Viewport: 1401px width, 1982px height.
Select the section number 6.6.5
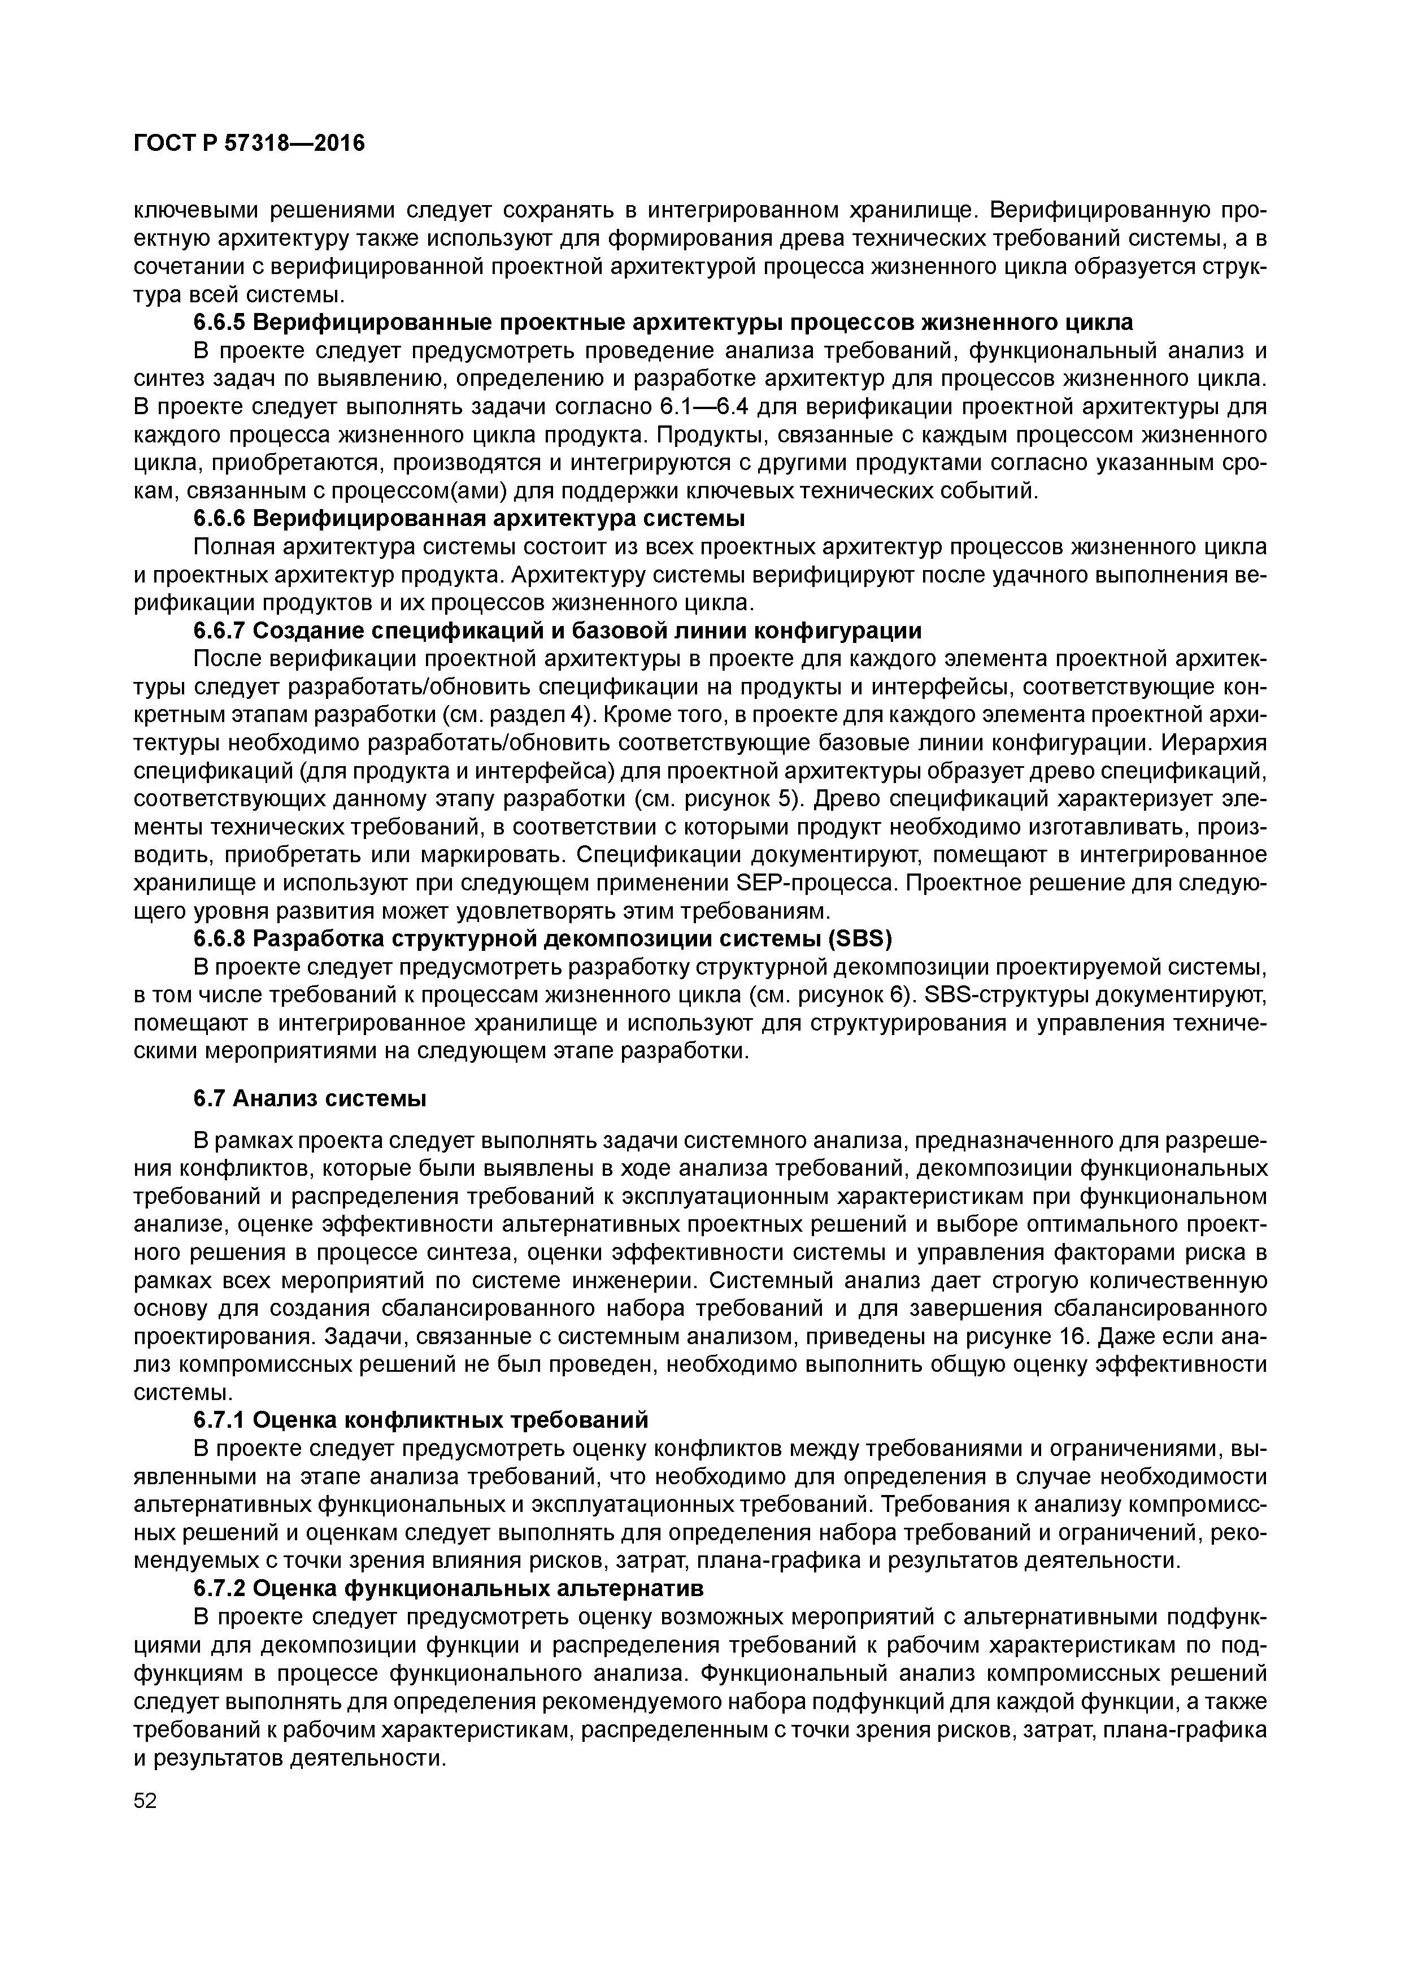coord(219,323)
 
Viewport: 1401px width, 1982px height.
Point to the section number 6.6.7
coord(219,631)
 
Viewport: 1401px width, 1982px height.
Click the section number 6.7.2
coord(219,1588)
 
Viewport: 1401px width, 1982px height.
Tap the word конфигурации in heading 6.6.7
coord(836,631)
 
